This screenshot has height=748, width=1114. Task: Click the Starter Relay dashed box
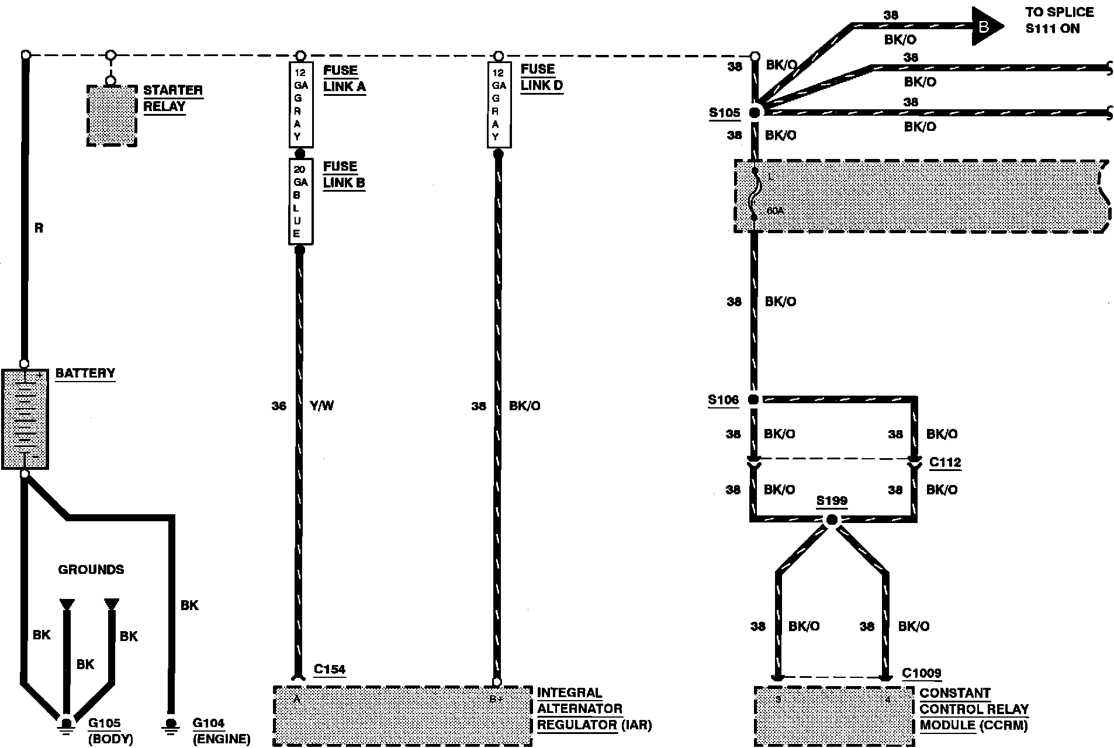click(x=112, y=115)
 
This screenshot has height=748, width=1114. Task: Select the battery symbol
click(x=25, y=418)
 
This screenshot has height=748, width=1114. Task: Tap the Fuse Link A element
click(x=300, y=105)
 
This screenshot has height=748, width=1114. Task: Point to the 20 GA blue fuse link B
click(x=300, y=202)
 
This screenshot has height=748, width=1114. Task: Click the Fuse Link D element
click(x=499, y=105)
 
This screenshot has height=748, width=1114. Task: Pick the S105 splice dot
click(x=755, y=112)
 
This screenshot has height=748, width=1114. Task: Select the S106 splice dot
click(x=753, y=400)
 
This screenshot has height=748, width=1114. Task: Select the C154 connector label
click(x=330, y=669)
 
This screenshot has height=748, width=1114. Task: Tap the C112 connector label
click(x=945, y=462)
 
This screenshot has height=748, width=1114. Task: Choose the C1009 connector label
click(x=921, y=673)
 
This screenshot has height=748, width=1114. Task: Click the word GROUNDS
click(x=91, y=569)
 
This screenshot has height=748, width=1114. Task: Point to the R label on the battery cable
click(x=39, y=228)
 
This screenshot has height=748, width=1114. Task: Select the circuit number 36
click(x=279, y=406)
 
